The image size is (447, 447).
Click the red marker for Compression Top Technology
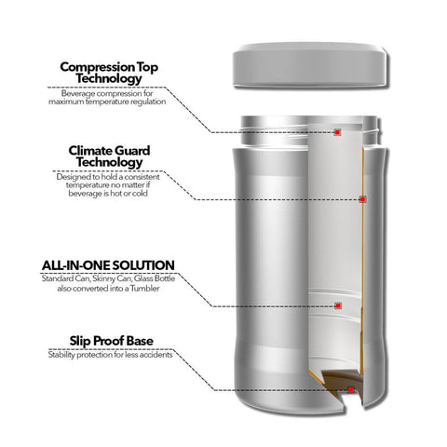337,133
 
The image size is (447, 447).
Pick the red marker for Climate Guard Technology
363,199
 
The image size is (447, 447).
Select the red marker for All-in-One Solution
338,305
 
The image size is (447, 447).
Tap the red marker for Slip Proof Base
349,390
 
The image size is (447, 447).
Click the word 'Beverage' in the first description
78,93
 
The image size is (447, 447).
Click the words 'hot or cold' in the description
131,193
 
